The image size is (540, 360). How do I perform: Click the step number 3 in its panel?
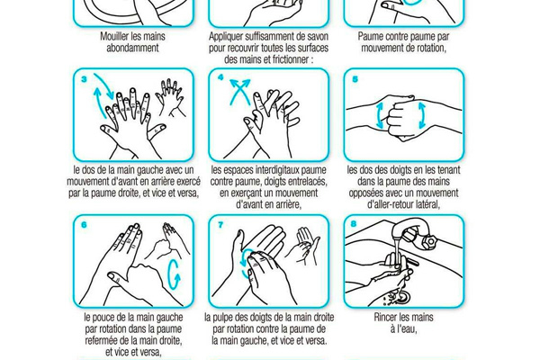pos(84,79)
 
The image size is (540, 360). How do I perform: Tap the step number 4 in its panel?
pos(220,78)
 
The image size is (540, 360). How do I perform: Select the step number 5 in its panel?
pos(355,79)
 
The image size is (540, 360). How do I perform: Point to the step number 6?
pos(84,225)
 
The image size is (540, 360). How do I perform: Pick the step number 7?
pos(220,225)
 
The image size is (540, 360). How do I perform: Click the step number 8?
pos(354,224)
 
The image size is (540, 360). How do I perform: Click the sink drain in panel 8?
pos(402,296)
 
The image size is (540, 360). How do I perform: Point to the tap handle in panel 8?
pos(429,242)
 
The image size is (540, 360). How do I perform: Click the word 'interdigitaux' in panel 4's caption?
pos(278,170)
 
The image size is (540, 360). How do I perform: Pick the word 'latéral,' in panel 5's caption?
pos(427,204)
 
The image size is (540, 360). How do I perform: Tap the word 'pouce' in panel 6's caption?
pos(103,318)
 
